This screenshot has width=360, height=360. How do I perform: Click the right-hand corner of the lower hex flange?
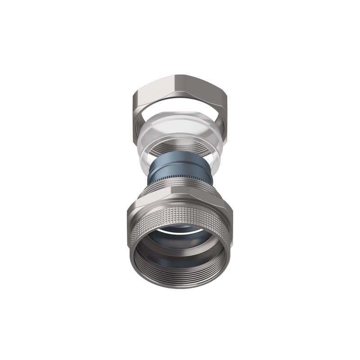pos(231,208)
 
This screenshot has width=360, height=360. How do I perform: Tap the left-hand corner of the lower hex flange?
pos(129,208)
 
